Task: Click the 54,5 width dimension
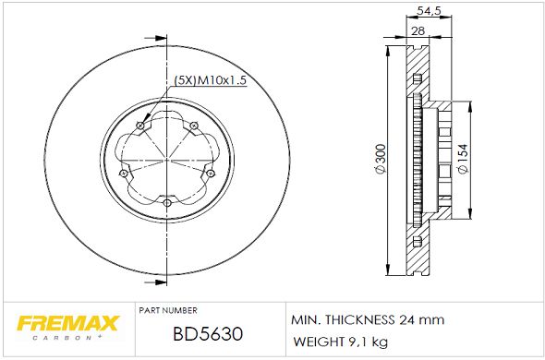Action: [427, 10]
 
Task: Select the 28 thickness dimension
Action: [417, 30]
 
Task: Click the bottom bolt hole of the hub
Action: [166, 201]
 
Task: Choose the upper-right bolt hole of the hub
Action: [194, 126]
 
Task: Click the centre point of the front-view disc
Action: [166, 160]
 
